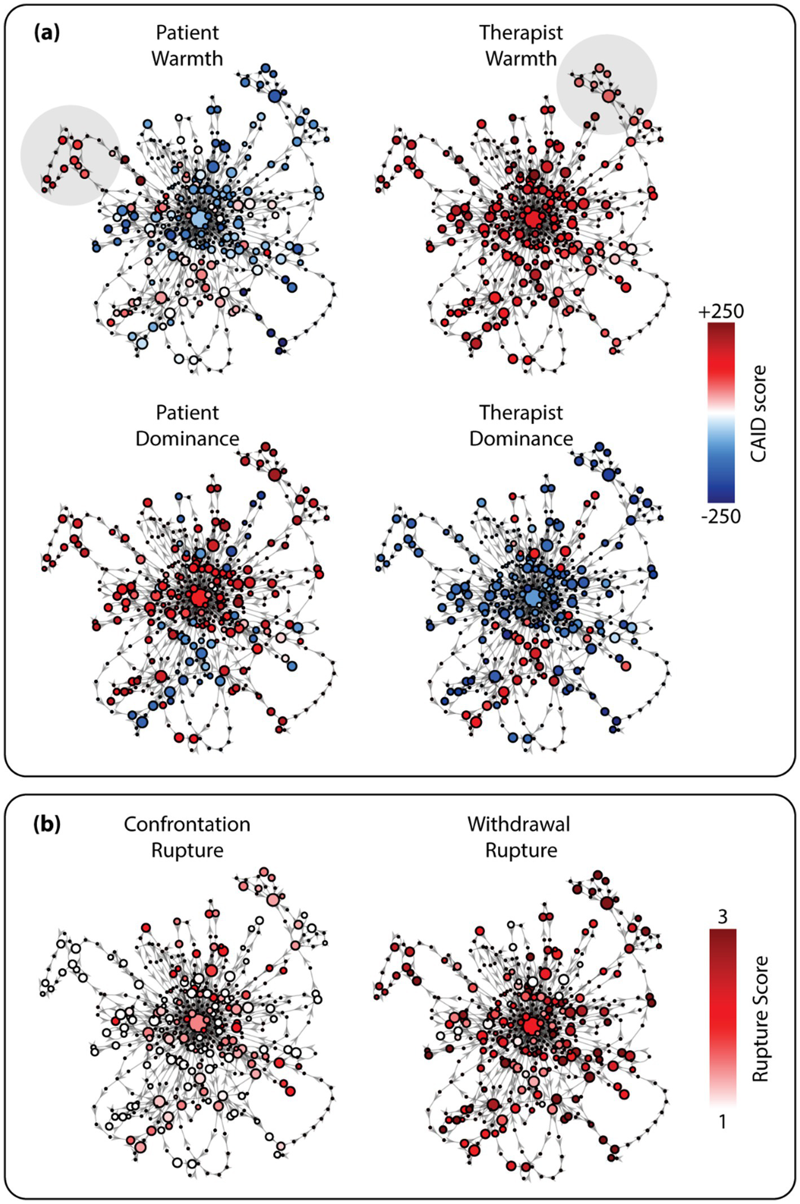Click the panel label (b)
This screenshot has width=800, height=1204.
[x=46, y=825]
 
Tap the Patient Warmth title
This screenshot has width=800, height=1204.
[x=187, y=46]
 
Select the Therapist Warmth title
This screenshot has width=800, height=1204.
[x=521, y=46]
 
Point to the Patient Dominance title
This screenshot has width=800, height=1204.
[x=187, y=425]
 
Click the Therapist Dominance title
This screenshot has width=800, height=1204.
[x=521, y=425]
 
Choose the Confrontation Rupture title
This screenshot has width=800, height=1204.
[x=187, y=837]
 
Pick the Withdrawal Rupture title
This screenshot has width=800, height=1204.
[x=519, y=837]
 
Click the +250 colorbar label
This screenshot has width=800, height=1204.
[x=720, y=311]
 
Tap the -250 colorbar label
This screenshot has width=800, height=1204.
[x=720, y=516]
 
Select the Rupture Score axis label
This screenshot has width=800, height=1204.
[x=760, y=1019]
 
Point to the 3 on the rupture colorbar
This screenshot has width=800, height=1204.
[x=722, y=917]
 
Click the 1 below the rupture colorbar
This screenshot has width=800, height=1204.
[x=722, y=1122]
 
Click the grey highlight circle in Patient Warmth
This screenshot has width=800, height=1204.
[x=71, y=155]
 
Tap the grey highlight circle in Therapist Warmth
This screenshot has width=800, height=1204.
[x=606, y=85]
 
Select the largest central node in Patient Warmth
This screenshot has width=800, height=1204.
[x=199, y=219]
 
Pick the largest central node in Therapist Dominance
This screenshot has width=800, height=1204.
[x=532, y=598]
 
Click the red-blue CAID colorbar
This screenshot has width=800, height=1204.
[x=721, y=412]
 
